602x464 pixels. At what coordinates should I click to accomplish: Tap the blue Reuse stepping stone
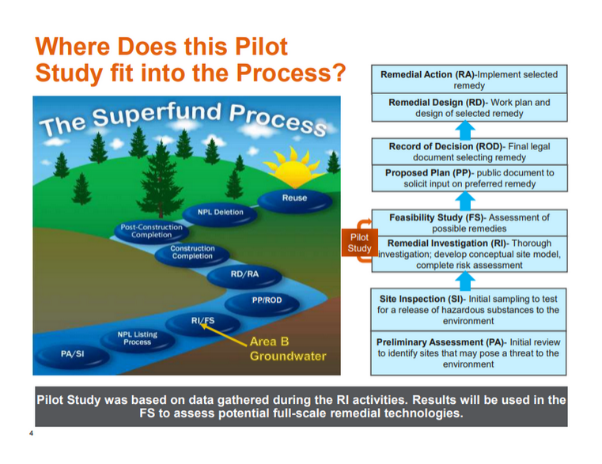(294, 198)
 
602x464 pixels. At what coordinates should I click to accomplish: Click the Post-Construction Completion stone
(151, 231)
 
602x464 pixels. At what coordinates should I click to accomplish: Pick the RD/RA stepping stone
(244, 275)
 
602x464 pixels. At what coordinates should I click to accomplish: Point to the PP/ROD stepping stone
(267, 301)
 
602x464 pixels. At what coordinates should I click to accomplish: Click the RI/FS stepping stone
(203, 321)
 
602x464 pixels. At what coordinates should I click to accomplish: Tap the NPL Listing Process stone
(138, 338)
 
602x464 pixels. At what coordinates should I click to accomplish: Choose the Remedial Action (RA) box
(468, 80)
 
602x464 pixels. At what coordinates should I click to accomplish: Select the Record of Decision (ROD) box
(468, 152)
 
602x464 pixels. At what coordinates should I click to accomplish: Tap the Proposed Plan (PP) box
(468, 179)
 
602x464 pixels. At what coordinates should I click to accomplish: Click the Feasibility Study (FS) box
(468, 223)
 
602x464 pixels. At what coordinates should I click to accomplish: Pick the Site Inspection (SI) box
(468, 310)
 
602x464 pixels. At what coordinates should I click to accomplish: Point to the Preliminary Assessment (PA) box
(468, 353)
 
